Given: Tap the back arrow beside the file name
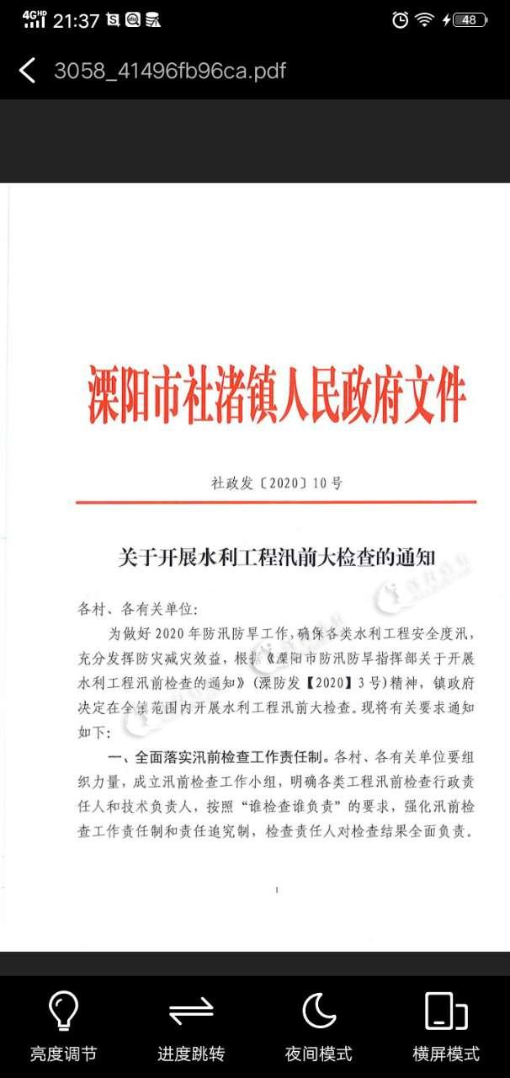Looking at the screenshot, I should point(28,70).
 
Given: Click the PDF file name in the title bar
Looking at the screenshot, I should point(170,70).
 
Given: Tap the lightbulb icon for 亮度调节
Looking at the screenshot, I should point(63,1011).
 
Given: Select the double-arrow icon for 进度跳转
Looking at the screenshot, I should point(191,1011).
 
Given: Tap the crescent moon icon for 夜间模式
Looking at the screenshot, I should point(319,1011).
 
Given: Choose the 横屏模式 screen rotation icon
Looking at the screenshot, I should point(446,1011).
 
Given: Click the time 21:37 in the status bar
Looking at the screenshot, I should point(76,21).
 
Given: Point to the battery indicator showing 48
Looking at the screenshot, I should point(469,20).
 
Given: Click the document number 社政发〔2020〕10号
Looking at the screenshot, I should point(277,483).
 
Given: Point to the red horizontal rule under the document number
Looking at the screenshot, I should point(276,502).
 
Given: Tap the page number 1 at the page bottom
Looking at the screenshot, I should point(276,889).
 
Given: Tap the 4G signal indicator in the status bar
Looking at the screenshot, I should point(34,19).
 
